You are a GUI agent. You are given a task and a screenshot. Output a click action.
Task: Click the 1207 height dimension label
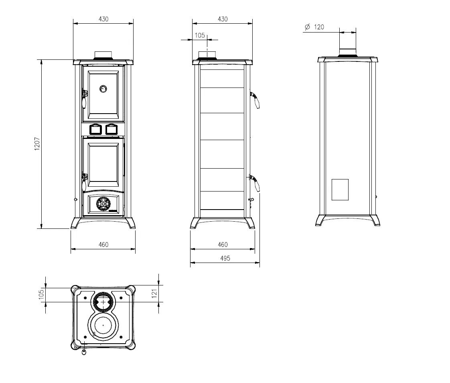37,144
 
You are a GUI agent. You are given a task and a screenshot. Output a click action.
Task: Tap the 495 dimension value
225,258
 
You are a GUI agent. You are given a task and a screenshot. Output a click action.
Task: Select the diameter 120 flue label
314,27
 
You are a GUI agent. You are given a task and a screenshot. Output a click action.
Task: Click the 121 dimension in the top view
154,293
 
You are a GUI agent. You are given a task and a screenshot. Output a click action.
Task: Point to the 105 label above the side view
200,35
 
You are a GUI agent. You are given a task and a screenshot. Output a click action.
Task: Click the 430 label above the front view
103,19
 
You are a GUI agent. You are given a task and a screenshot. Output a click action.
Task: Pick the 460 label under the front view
103,244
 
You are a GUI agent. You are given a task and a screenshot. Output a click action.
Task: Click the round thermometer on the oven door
103,89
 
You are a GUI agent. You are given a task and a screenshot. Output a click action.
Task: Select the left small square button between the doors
95,129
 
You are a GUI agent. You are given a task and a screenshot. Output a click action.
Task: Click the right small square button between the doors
111,129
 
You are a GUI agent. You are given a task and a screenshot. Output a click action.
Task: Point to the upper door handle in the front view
84,99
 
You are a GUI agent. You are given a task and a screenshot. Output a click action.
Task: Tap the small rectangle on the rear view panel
340,189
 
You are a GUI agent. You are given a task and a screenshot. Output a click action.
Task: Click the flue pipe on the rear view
348,43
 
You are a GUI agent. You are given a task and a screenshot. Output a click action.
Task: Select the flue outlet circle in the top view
103,302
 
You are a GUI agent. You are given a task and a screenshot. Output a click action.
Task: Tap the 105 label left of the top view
41,295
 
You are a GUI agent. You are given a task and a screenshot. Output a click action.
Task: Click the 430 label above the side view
223,19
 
